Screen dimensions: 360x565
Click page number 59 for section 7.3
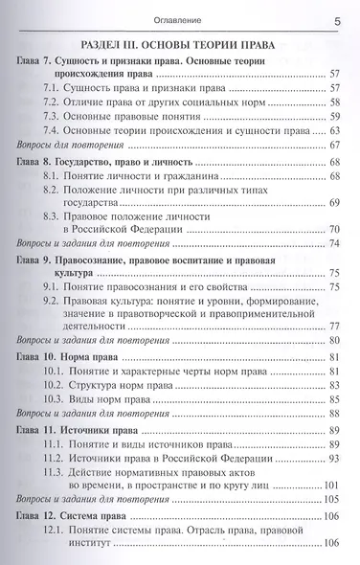pos(335,115)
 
